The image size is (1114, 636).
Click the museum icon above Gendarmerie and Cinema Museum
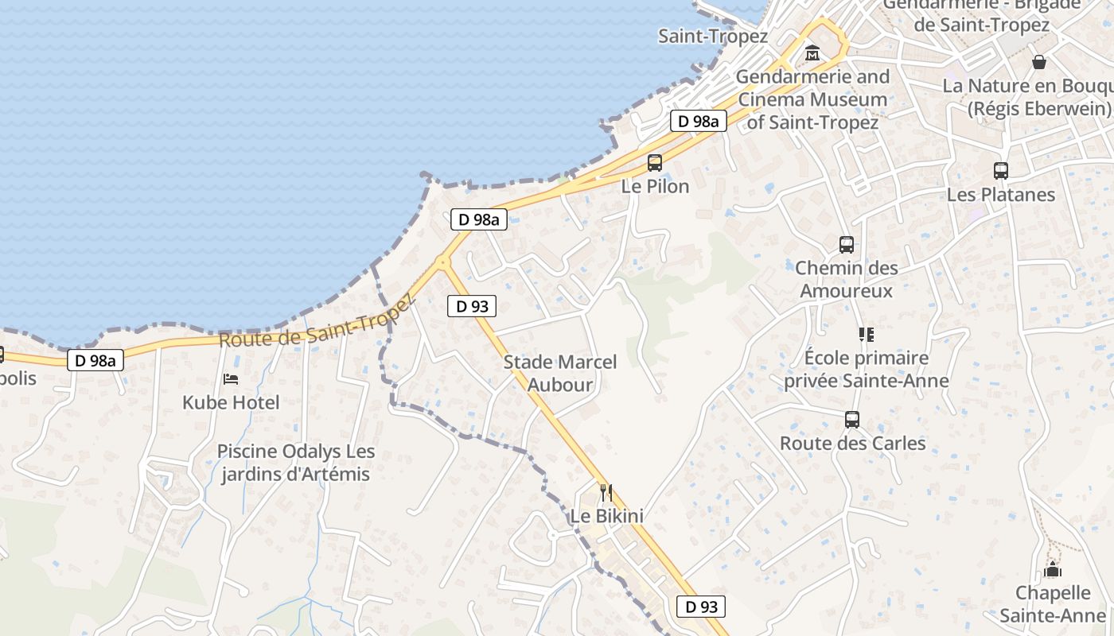click(x=812, y=53)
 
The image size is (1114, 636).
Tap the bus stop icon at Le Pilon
click(x=655, y=163)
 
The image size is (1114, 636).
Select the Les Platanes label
click(x=1000, y=195)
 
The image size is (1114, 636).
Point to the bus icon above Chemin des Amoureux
click(x=847, y=245)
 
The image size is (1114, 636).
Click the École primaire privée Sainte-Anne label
click(x=867, y=369)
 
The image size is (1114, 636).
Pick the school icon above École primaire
click(x=866, y=335)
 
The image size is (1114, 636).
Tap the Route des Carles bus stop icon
click(x=852, y=419)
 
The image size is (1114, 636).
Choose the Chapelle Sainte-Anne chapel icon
click(x=1053, y=569)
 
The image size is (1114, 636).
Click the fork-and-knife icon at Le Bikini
click(x=606, y=493)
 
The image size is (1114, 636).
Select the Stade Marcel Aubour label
click(x=560, y=374)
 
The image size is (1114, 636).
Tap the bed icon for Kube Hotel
click(x=231, y=379)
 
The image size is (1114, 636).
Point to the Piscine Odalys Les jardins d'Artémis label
click(x=295, y=463)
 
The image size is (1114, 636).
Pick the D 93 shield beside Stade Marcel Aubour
click(x=472, y=306)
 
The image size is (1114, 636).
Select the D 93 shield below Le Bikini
click(x=701, y=607)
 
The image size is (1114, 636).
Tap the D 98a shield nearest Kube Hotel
click(x=95, y=360)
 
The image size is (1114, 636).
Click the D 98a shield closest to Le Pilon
click(x=698, y=121)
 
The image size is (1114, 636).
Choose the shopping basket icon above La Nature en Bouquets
click(x=1039, y=61)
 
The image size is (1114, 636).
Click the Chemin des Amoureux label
click(x=847, y=279)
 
